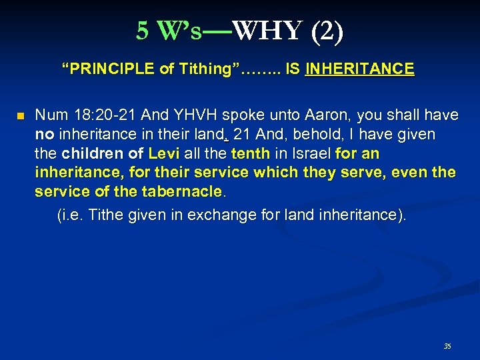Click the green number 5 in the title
point(142,31)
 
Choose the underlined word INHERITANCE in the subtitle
point(359,69)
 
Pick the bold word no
point(44,135)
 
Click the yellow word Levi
point(164,154)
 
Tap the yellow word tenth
point(250,154)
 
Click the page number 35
point(447,347)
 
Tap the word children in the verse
point(95,154)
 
